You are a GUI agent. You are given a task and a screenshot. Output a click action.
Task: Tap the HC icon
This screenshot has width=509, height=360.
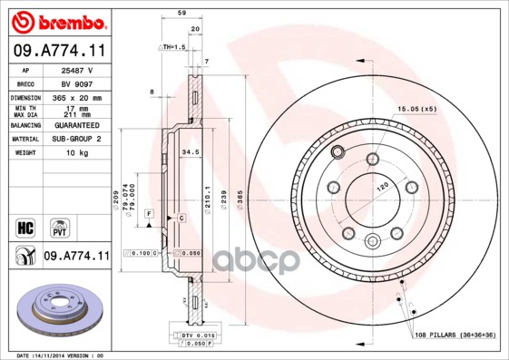[x=25, y=226]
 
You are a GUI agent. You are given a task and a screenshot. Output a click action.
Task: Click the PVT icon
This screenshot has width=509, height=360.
[x=58, y=226]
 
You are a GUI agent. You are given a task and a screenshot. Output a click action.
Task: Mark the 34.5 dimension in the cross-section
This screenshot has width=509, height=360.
[x=191, y=152]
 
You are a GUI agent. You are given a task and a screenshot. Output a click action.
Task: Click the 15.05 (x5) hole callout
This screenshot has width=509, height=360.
[x=416, y=109]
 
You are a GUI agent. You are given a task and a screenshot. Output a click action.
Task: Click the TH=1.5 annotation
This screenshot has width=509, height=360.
[x=173, y=45]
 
